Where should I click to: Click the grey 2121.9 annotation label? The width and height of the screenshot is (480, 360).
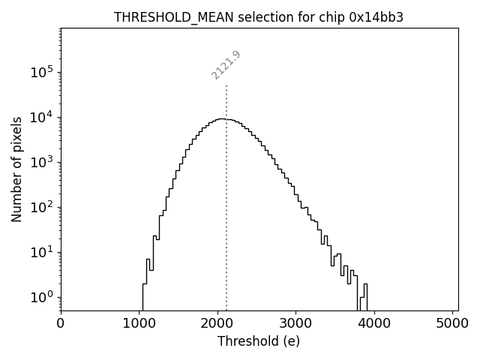click(x=226, y=64)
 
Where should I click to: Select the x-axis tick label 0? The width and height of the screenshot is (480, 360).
click(x=61, y=324)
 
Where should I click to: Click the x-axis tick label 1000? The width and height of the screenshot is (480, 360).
click(x=139, y=324)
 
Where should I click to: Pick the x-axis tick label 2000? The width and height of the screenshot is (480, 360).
click(x=217, y=324)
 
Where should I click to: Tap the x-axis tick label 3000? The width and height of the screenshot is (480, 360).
click(x=295, y=324)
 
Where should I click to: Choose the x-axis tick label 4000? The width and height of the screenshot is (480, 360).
click(x=374, y=324)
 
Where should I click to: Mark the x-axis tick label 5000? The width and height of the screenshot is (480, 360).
click(x=452, y=324)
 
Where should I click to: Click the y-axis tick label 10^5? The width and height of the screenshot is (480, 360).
click(x=41, y=72)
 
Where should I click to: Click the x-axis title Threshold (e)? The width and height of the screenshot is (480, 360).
click(x=259, y=341)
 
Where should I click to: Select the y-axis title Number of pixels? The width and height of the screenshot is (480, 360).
click(x=16, y=169)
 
